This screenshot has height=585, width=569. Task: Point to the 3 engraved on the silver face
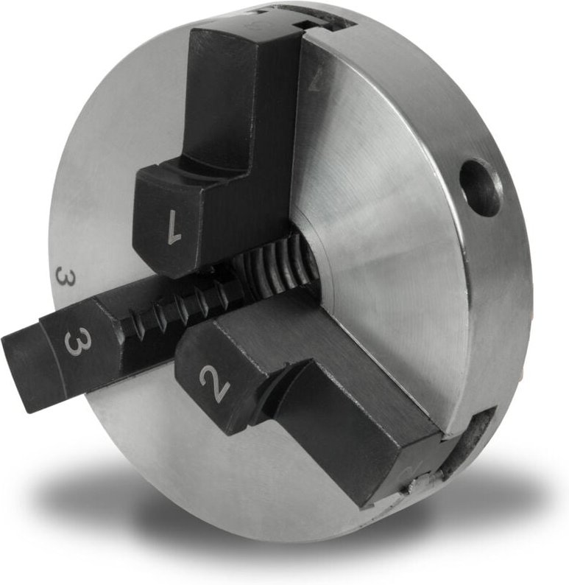[65, 279]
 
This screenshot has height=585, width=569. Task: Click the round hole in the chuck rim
[480, 188]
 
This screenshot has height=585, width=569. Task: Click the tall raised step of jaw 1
[243, 96]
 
